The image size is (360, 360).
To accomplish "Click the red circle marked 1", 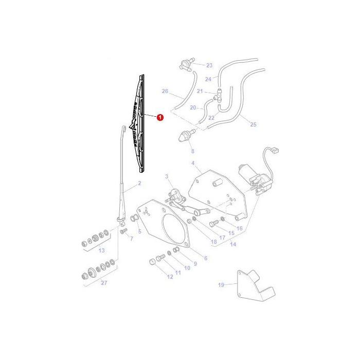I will point(160,117).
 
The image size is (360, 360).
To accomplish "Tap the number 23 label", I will point(209,65).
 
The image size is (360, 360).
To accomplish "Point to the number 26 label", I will point(165,91).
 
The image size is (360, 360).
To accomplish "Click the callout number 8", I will point(193,151).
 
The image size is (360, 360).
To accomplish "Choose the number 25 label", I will point(253,124).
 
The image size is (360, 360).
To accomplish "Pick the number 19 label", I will point(221,284).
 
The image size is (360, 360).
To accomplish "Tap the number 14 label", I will point(233,245).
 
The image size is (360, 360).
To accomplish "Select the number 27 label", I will point(104,282).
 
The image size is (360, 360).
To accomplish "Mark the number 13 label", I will point(101,250).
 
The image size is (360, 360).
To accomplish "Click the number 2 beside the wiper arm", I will point(139,183).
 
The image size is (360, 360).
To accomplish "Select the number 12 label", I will point(170,277).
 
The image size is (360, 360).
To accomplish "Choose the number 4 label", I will point(193,163).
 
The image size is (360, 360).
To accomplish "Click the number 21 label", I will point(200,91).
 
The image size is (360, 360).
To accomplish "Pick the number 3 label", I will point(167,176).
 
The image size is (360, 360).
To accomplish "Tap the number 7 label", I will point(131,239).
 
